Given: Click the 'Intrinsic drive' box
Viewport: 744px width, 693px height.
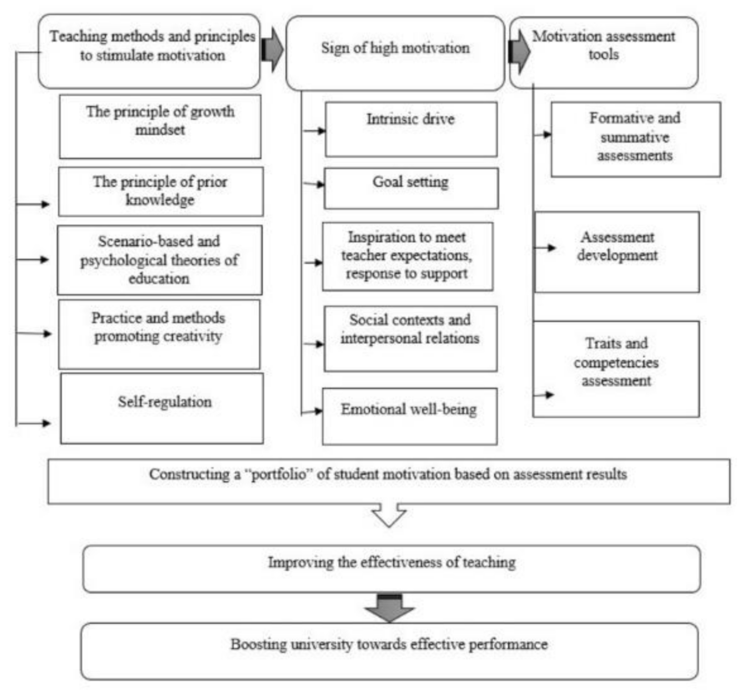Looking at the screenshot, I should click(411, 129).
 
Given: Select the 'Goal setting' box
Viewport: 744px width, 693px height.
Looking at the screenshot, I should click(411, 188).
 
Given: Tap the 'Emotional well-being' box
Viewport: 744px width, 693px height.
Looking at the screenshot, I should click(409, 416).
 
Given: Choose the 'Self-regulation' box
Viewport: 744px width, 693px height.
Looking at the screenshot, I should click(162, 409).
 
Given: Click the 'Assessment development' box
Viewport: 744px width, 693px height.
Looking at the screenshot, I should click(617, 252).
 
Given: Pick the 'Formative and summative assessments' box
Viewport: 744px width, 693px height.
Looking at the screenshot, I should click(635, 139).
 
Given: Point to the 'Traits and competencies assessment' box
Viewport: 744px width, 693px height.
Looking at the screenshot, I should click(616, 369).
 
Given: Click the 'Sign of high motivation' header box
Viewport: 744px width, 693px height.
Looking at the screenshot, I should click(395, 53).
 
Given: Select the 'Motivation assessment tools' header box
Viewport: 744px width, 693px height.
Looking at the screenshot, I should click(604, 52).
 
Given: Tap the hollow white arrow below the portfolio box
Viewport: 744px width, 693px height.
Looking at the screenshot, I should click(389, 515).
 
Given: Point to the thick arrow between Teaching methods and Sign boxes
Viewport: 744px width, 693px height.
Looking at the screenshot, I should click(272, 50).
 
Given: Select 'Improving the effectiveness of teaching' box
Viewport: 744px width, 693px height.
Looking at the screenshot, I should click(391, 569).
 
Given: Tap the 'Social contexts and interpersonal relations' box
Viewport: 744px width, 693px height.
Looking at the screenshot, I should click(410, 338).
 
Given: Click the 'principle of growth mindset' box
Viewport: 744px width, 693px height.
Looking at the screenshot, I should click(160, 126).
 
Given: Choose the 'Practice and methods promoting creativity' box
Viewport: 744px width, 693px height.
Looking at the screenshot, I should click(159, 334).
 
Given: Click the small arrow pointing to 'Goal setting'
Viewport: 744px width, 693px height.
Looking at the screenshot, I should click(314, 184).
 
